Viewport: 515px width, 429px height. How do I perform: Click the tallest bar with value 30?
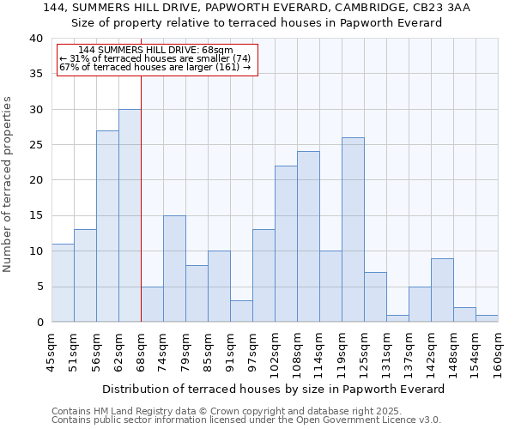click(x=130, y=215)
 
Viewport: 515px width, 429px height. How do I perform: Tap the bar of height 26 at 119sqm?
click(x=353, y=230)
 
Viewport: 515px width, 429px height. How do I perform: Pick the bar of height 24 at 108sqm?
click(x=308, y=237)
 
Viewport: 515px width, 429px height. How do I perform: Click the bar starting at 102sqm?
click(x=286, y=244)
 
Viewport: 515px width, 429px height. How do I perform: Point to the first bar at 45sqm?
click(x=63, y=283)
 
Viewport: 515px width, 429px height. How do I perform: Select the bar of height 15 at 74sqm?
click(x=174, y=269)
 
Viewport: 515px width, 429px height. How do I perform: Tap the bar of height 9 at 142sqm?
click(x=442, y=290)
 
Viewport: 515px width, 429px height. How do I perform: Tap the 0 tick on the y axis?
click(x=39, y=323)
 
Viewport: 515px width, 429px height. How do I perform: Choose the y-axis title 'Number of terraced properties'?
click(x=9, y=184)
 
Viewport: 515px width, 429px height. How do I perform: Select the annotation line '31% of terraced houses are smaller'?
click(x=154, y=58)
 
